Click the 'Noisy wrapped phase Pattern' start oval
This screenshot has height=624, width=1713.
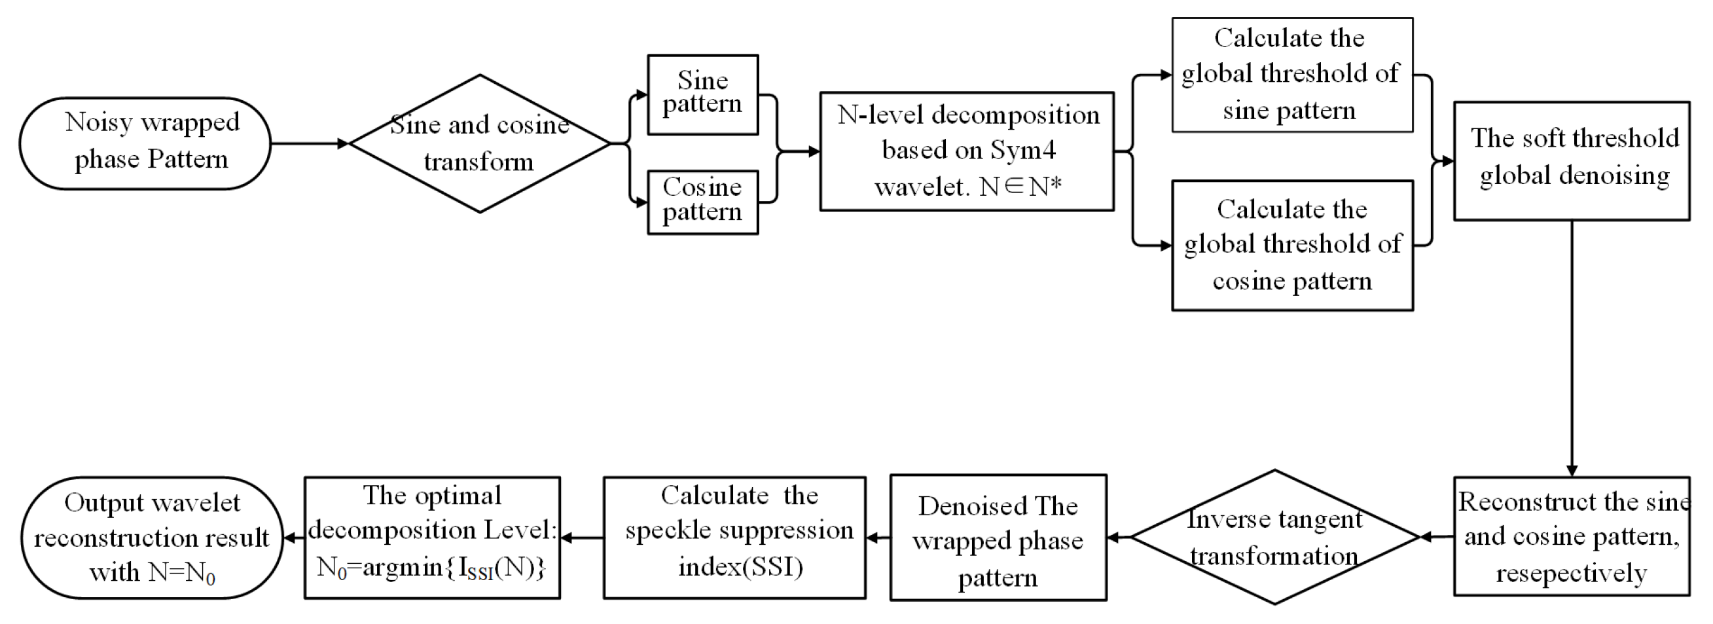click(x=145, y=143)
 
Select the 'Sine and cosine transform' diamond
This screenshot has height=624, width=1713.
click(x=479, y=143)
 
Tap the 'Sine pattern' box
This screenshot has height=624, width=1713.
click(x=703, y=94)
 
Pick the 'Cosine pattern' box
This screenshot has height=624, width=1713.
click(x=703, y=202)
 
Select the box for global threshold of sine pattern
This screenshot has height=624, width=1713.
click(x=1291, y=75)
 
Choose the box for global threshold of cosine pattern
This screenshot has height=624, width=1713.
click(x=1291, y=245)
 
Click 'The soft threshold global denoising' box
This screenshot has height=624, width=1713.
click(x=1572, y=160)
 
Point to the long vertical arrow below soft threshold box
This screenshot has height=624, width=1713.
click(x=1572, y=346)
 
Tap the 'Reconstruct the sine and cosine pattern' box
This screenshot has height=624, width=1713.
click(x=1572, y=536)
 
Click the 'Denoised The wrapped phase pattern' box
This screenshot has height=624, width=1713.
click(x=998, y=538)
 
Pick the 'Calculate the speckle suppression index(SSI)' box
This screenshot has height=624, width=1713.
click(x=734, y=538)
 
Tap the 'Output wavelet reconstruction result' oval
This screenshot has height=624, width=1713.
click(x=152, y=538)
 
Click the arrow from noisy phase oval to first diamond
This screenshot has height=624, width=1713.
click(x=309, y=143)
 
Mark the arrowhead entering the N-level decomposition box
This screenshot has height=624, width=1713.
click(x=813, y=152)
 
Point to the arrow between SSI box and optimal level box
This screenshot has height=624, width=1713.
click(x=582, y=538)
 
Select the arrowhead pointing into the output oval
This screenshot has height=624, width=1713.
click(x=290, y=538)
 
